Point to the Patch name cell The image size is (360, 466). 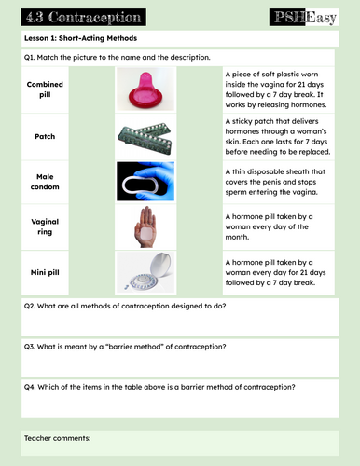(45, 136)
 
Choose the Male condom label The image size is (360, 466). (45, 181)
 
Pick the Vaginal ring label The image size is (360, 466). (45, 226)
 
